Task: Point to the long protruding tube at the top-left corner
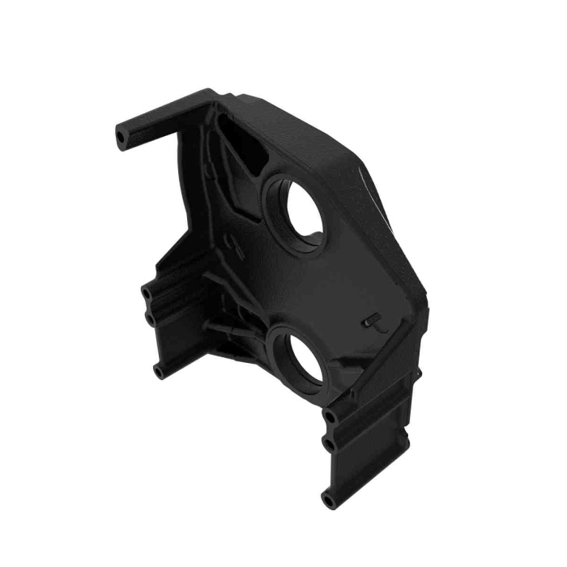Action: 154,125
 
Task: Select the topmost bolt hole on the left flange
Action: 146,289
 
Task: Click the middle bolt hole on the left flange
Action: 151,318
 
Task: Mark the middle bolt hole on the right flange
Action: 330,445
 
